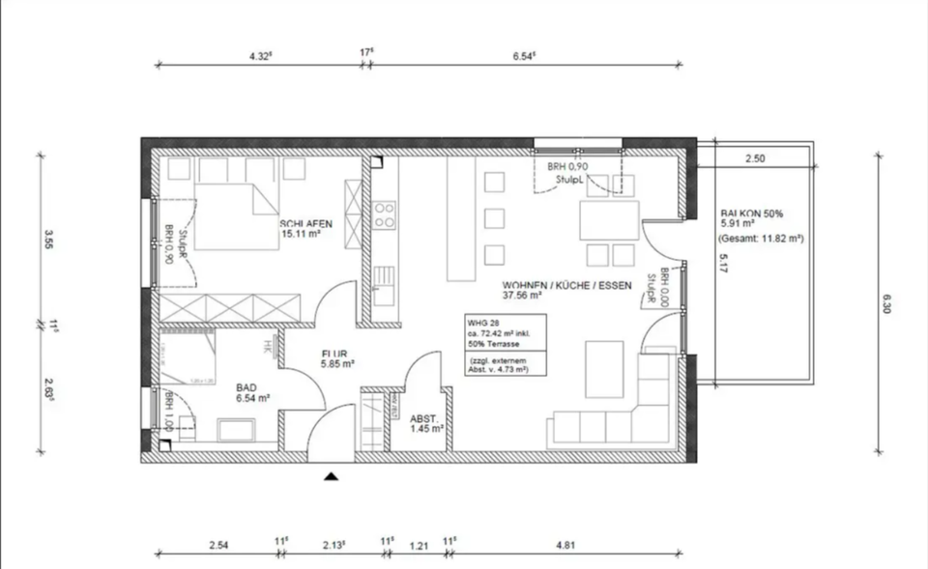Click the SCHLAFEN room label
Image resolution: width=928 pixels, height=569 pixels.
[306, 222]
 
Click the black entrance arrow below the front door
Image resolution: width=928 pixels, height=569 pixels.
[333, 475]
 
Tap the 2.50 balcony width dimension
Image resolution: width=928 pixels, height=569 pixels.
[755, 158]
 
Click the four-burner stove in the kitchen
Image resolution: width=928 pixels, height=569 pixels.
[385, 215]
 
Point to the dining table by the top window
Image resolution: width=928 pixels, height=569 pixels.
[608, 219]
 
